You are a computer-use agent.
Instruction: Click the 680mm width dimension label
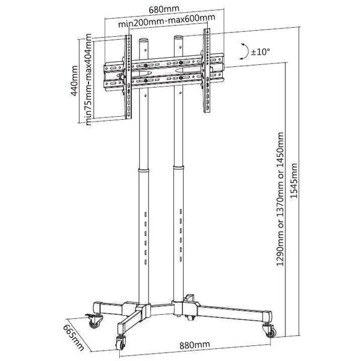[x=164, y=9]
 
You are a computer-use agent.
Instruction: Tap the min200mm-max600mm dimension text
[x=167, y=20]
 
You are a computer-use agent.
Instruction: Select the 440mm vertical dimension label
[x=75, y=81]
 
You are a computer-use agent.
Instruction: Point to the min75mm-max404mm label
[x=88, y=79]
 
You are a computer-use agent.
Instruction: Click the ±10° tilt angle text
[x=260, y=52]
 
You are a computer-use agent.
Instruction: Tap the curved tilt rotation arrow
[x=246, y=51]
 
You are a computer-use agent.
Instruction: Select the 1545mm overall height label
[x=294, y=180]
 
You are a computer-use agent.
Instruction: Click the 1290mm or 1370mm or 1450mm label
[x=280, y=199]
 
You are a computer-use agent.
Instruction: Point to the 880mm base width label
[x=194, y=345]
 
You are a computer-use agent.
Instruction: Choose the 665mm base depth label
[x=73, y=338]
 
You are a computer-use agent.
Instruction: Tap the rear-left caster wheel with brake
[x=95, y=321]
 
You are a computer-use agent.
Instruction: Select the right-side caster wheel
[x=270, y=330]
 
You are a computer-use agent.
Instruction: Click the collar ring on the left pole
[x=144, y=171]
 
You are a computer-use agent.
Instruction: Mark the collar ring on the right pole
[x=179, y=167]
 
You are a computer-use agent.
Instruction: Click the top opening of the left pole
[x=144, y=40]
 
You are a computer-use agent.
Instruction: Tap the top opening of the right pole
[x=179, y=37]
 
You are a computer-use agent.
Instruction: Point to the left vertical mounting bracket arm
[x=128, y=77]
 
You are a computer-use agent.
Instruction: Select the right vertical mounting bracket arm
[x=207, y=70]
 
